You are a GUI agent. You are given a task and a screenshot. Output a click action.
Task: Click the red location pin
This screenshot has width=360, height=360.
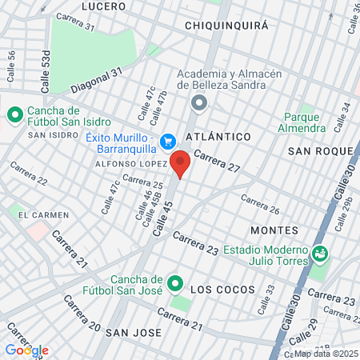180,163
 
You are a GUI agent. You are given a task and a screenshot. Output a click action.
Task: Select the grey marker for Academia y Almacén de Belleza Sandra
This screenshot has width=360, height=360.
199,102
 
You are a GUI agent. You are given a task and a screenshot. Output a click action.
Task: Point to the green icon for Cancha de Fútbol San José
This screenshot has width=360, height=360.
174,283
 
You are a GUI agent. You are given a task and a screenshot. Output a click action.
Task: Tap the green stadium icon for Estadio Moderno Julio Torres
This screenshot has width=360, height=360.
321,253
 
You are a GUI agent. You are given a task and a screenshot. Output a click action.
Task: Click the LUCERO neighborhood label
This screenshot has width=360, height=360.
103,6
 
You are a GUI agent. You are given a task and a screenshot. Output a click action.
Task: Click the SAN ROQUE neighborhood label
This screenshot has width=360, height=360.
320,150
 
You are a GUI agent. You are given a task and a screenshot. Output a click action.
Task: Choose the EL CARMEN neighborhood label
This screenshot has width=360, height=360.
44,214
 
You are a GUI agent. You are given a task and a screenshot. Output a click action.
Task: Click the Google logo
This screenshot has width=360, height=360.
27,350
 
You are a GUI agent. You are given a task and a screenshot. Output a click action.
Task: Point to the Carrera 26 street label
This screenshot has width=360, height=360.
259,205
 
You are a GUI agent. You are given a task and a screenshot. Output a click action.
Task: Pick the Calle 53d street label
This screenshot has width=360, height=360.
46,70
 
